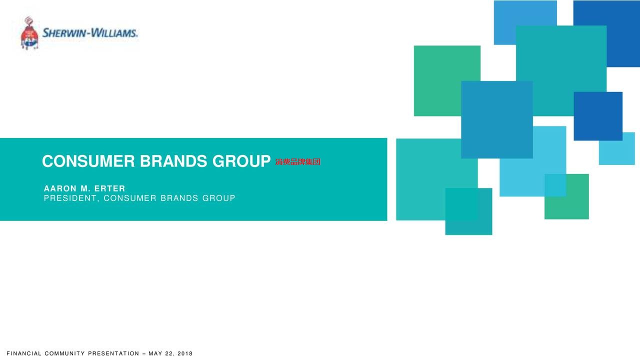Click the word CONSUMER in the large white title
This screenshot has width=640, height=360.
[88, 161]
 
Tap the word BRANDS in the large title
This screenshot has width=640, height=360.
[173, 161]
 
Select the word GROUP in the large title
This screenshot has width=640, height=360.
[241, 161]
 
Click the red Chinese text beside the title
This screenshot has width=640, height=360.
[297, 162]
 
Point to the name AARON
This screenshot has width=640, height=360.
[60, 188]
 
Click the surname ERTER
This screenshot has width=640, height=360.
[109, 188]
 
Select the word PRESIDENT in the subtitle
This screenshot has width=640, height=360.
[70, 198]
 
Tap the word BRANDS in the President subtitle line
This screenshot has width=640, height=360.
[179, 198]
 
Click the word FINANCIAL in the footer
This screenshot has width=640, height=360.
[24, 353]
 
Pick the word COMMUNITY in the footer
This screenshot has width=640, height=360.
[65, 353]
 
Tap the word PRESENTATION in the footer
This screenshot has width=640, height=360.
[113, 353]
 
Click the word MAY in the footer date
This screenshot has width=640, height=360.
[155, 353]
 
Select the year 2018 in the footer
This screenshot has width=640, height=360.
[185, 353]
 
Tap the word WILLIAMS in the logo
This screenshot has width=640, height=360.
[113, 33]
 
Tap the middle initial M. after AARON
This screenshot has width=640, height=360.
[85, 188]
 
